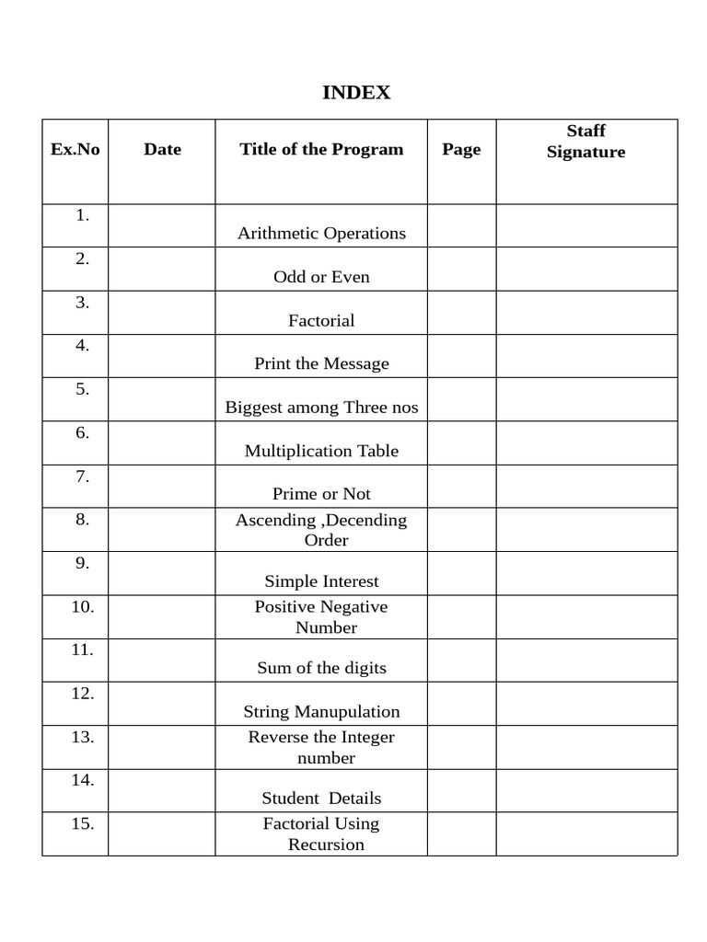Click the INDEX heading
(x=356, y=93)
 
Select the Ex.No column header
(x=75, y=149)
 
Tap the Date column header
(x=162, y=149)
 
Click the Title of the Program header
(x=321, y=149)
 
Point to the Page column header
(x=461, y=149)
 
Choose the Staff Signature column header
(x=586, y=142)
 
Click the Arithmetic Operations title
(x=321, y=233)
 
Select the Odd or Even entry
(x=321, y=277)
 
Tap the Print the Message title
(x=321, y=363)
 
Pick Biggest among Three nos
(x=321, y=408)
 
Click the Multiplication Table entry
(x=321, y=451)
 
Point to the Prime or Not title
(x=321, y=494)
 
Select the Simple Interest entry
(x=321, y=581)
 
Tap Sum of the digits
(x=321, y=668)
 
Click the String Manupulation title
(x=321, y=712)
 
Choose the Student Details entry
(x=321, y=798)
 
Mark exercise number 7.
(x=83, y=477)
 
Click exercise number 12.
(x=83, y=694)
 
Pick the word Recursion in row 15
(x=326, y=844)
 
